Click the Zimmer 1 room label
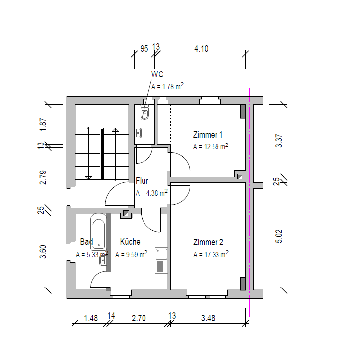[x=208, y=135]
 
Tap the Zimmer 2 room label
[x=208, y=242]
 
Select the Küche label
[x=130, y=242]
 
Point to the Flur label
[x=142, y=181]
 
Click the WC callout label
[x=157, y=74]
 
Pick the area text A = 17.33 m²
[x=211, y=254]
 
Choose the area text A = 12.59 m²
[x=211, y=146]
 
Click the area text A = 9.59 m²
[x=131, y=254]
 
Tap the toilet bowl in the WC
[x=145, y=113]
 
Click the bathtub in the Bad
[x=98, y=232]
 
